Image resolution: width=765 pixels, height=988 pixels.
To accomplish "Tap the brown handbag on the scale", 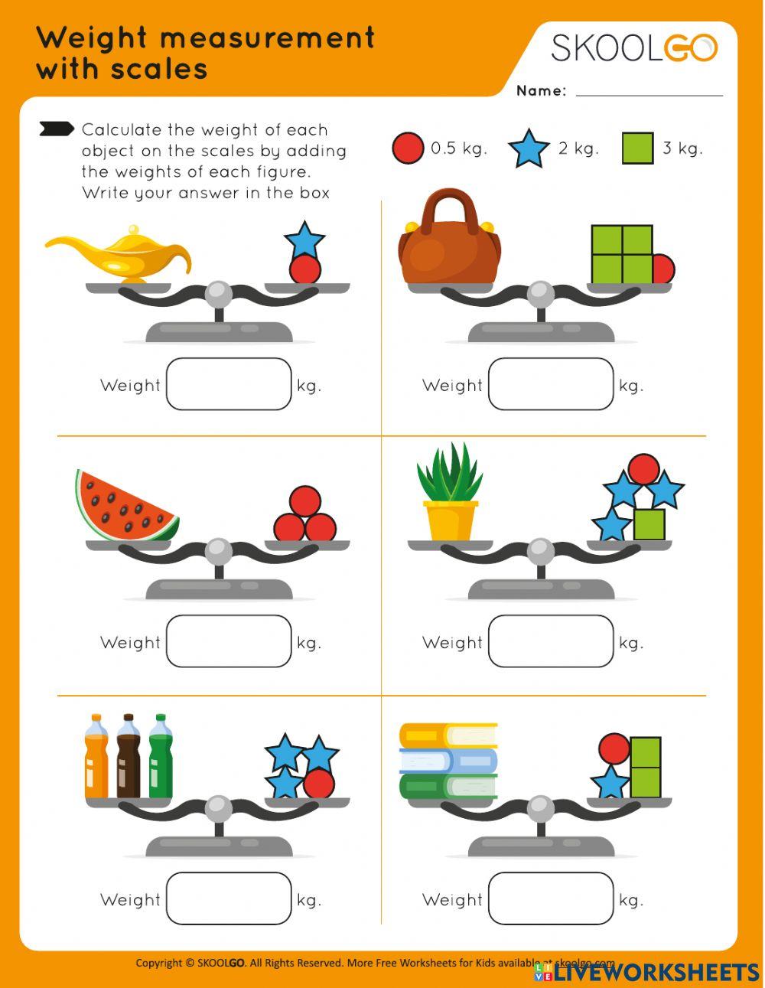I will [x=449, y=245].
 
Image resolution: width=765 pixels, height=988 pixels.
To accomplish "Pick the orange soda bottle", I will [x=96, y=758].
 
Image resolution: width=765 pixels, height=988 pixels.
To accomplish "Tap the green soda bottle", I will [x=161, y=758].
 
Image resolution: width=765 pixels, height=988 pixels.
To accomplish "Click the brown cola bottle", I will [x=129, y=758].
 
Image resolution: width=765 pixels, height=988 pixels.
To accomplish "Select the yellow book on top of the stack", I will [x=448, y=735].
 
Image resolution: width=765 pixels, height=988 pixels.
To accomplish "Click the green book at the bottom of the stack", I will [x=448, y=786].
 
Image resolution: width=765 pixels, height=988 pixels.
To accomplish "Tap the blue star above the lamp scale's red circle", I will [x=304, y=240].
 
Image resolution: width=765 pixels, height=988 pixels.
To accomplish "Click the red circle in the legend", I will [x=408, y=148].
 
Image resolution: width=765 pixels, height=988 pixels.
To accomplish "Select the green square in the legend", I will [x=637, y=148].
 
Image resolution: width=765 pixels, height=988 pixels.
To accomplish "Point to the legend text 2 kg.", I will [x=578, y=148].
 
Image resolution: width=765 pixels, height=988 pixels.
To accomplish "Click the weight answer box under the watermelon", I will [x=229, y=641].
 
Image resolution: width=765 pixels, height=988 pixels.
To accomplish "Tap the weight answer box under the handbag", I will [x=551, y=384].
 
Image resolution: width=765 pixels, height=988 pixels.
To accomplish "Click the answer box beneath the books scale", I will [x=551, y=898].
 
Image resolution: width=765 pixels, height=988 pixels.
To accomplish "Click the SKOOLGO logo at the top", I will [x=634, y=47].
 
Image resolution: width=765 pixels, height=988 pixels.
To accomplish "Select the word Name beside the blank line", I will [x=541, y=91].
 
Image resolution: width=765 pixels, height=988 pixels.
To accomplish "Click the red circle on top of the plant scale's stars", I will [x=643, y=469].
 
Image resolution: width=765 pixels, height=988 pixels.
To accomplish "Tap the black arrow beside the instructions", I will [x=57, y=129].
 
